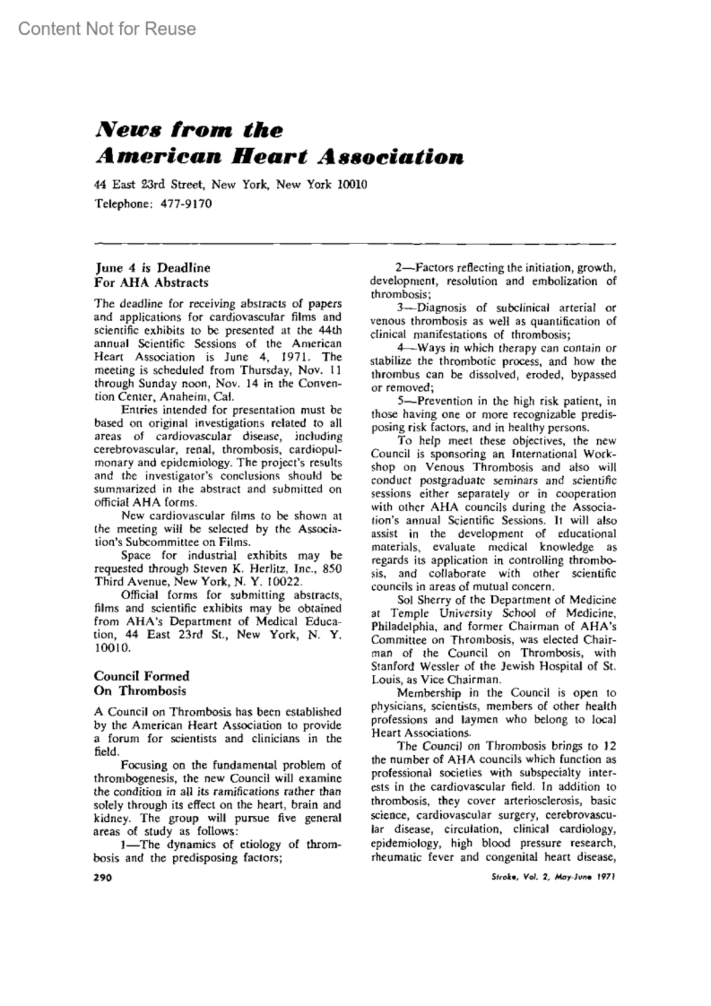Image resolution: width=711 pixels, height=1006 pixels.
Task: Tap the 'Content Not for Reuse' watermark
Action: click(107, 28)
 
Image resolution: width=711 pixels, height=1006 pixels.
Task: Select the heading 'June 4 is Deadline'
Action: click(152, 268)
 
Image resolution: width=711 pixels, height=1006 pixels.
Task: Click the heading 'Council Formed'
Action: click(142, 676)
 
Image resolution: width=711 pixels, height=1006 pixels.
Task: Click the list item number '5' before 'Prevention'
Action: click(401, 401)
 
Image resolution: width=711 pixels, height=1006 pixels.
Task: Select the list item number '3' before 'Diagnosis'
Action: click(401, 308)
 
